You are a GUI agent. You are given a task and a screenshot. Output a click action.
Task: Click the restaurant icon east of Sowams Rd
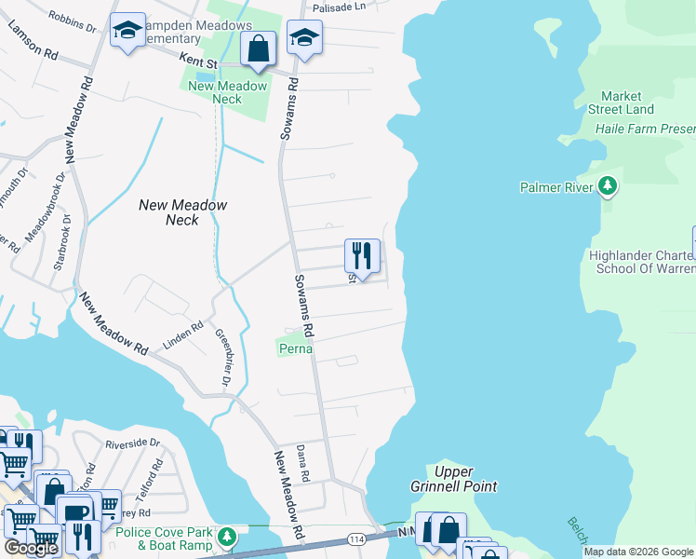pos(362,254)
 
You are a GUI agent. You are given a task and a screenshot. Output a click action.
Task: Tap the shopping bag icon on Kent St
pos(258,48)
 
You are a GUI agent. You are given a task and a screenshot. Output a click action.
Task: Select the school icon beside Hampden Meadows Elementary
pos(127,31)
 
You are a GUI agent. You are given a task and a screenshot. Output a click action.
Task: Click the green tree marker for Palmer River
pos(608,187)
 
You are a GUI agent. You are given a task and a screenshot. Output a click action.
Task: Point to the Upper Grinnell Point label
pos(454,479)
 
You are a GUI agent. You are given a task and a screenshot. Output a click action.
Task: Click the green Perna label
pos(295,348)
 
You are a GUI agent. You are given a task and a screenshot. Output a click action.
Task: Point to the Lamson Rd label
pos(33,40)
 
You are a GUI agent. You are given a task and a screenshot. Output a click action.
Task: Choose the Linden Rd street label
pos(183,331)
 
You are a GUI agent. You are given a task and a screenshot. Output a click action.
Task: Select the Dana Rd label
pos(302,463)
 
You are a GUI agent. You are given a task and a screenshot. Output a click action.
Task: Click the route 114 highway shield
pos(355,539)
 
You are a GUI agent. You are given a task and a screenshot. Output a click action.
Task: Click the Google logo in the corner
pos(31,548)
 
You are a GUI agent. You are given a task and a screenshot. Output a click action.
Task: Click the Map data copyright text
pos(638,552)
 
